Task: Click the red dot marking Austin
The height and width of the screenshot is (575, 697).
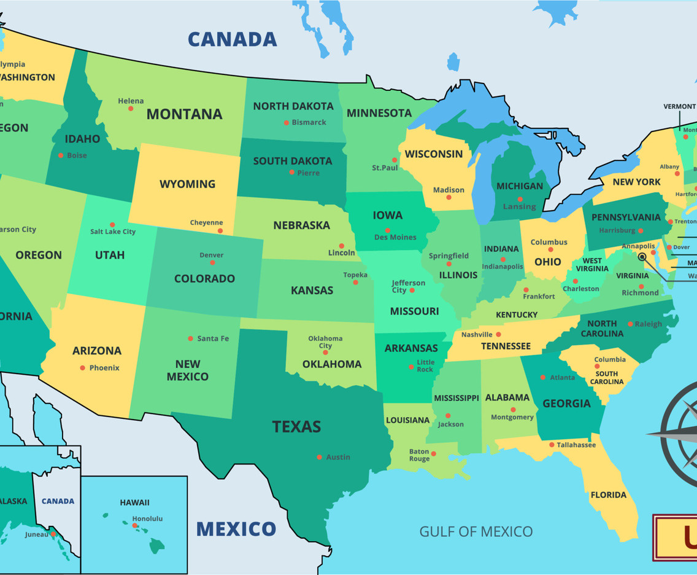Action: pyautogui.click(x=319, y=456)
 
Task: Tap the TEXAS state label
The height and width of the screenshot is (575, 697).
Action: pyautogui.click(x=296, y=426)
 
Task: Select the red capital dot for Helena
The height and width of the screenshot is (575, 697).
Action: pyautogui.click(x=131, y=109)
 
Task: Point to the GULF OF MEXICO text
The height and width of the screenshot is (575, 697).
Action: pyautogui.click(x=476, y=531)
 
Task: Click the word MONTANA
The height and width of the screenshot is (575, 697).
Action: pyautogui.click(x=184, y=114)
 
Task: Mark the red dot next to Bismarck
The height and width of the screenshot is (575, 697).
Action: pyautogui.click(x=286, y=123)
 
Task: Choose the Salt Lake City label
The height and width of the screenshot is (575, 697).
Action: pyautogui.click(x=113, y=232)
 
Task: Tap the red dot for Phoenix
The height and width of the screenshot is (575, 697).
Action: pyautogui.click(x=82, y=368)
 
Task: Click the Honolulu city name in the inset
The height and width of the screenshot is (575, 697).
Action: pyautogui.click(x=147, y=518)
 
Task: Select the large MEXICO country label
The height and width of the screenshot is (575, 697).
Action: pyautogui.click(x=236, y=529)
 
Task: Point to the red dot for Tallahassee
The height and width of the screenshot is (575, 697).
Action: pyautogui.click(x=552, y=445)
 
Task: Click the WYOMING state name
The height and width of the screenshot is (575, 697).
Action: pyautogui.click(x=187, y=184)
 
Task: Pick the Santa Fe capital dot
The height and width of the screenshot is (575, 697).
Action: pyautogui.click(x=191, y=338)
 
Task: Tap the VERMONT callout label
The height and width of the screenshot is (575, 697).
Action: pyautogui.click(x=679, y=106)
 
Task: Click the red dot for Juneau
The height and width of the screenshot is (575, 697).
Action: pyautogui.click(x=54, y=534)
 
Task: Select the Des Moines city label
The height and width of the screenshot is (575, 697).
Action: pyautogui.click(x=395, y=237)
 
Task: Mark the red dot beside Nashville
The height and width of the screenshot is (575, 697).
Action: pyautogui.click(x=498, y=335)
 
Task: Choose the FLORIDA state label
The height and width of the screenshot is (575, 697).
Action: pyautogui.click(x=608, y=495)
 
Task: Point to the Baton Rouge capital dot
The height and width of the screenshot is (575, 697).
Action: pyautogui.click(x=434, y=454)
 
